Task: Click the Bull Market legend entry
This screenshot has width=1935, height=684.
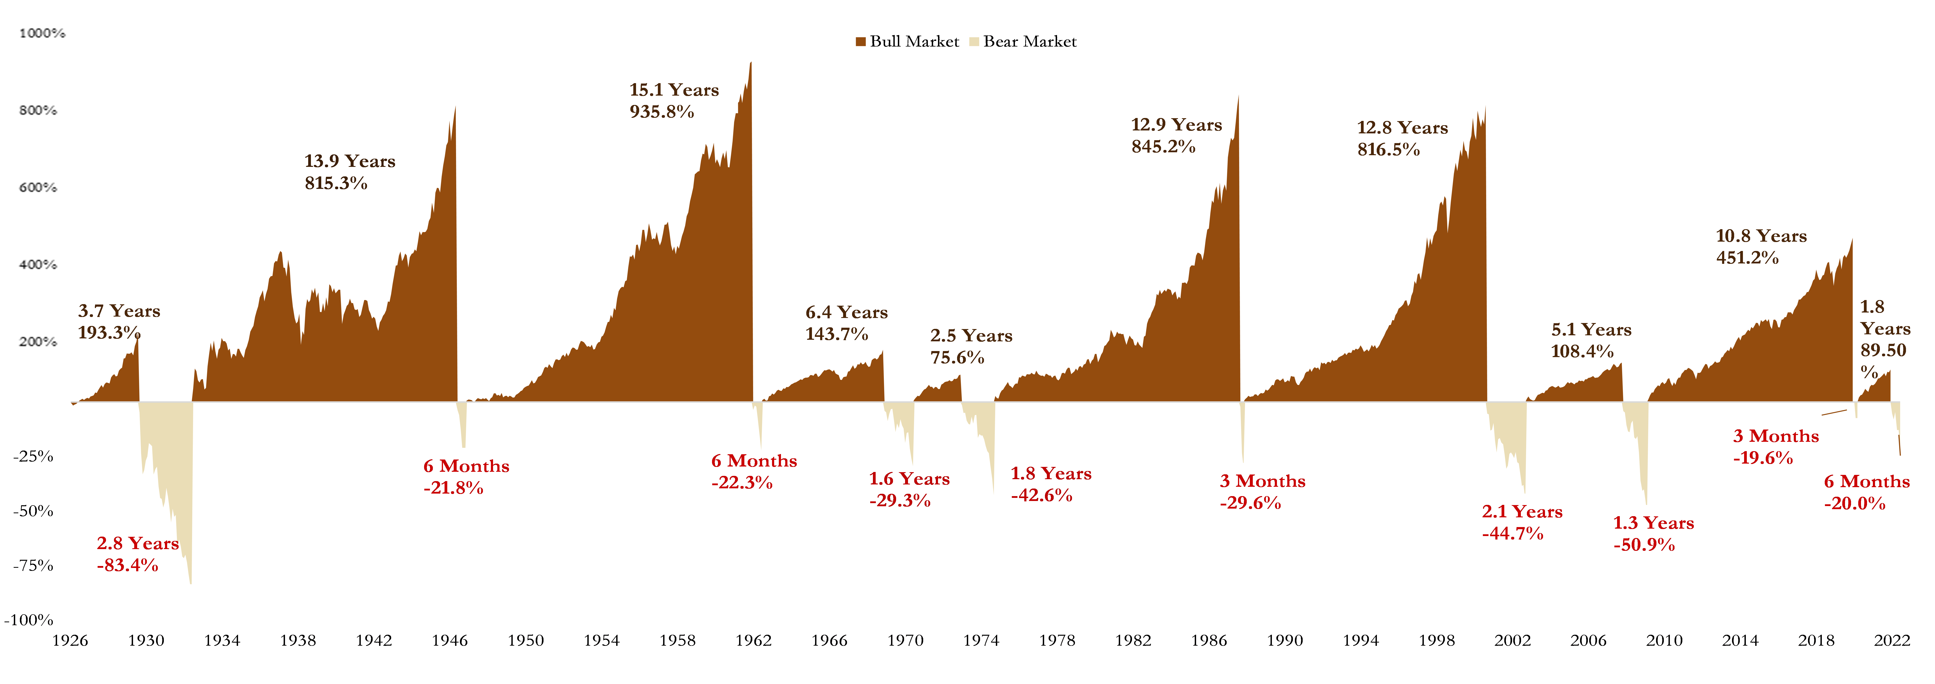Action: tap(907, 41)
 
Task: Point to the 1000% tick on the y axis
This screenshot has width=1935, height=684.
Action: tap(42, 33)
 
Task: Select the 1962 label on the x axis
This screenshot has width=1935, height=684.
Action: tap(754, 640)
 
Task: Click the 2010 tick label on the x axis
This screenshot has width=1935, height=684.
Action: tap(1665, 640)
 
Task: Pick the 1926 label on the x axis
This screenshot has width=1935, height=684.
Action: tap(70, 640)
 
